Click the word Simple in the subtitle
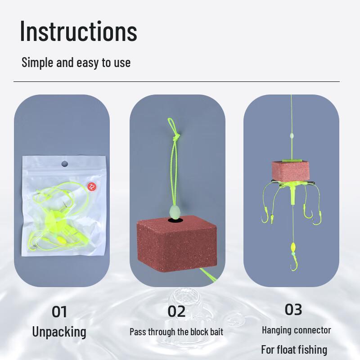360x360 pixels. tap(37, 62)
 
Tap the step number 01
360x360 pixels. tap(59, 311)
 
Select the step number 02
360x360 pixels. tap(176, 311)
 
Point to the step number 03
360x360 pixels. tap(293, 309)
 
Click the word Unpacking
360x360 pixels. tap(59, 332)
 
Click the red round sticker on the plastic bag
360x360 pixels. tap(91, 185)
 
